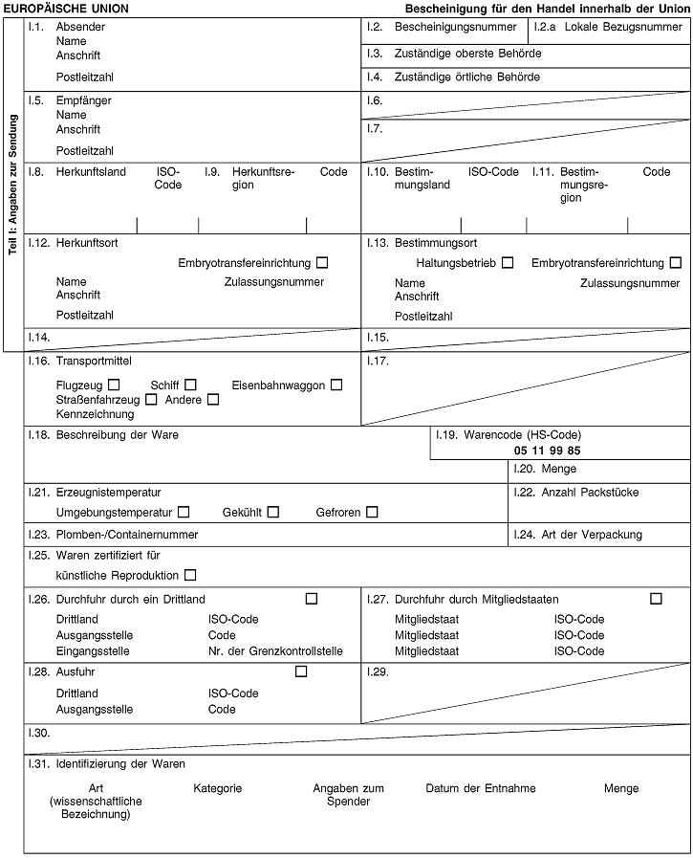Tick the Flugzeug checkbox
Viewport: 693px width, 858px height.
(114, 385)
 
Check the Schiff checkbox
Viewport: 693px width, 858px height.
(191, 385)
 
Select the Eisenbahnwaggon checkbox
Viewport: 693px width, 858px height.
(336, 385)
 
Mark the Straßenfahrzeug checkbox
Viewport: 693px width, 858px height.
(151, 399)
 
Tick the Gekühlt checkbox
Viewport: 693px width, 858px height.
(273, 513)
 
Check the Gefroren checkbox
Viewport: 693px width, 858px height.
(371, 513)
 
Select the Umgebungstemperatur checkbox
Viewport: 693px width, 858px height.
(184, 513)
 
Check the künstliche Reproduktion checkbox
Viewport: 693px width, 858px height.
(190, 575)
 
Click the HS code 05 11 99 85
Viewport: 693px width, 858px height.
(547, 450)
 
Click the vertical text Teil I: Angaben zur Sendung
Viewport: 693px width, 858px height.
(13, 185)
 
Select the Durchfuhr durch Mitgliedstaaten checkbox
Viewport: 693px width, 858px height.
(656, 599)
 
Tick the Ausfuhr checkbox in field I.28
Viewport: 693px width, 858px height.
(301, 671)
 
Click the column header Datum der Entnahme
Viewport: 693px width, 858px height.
(480, 788)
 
